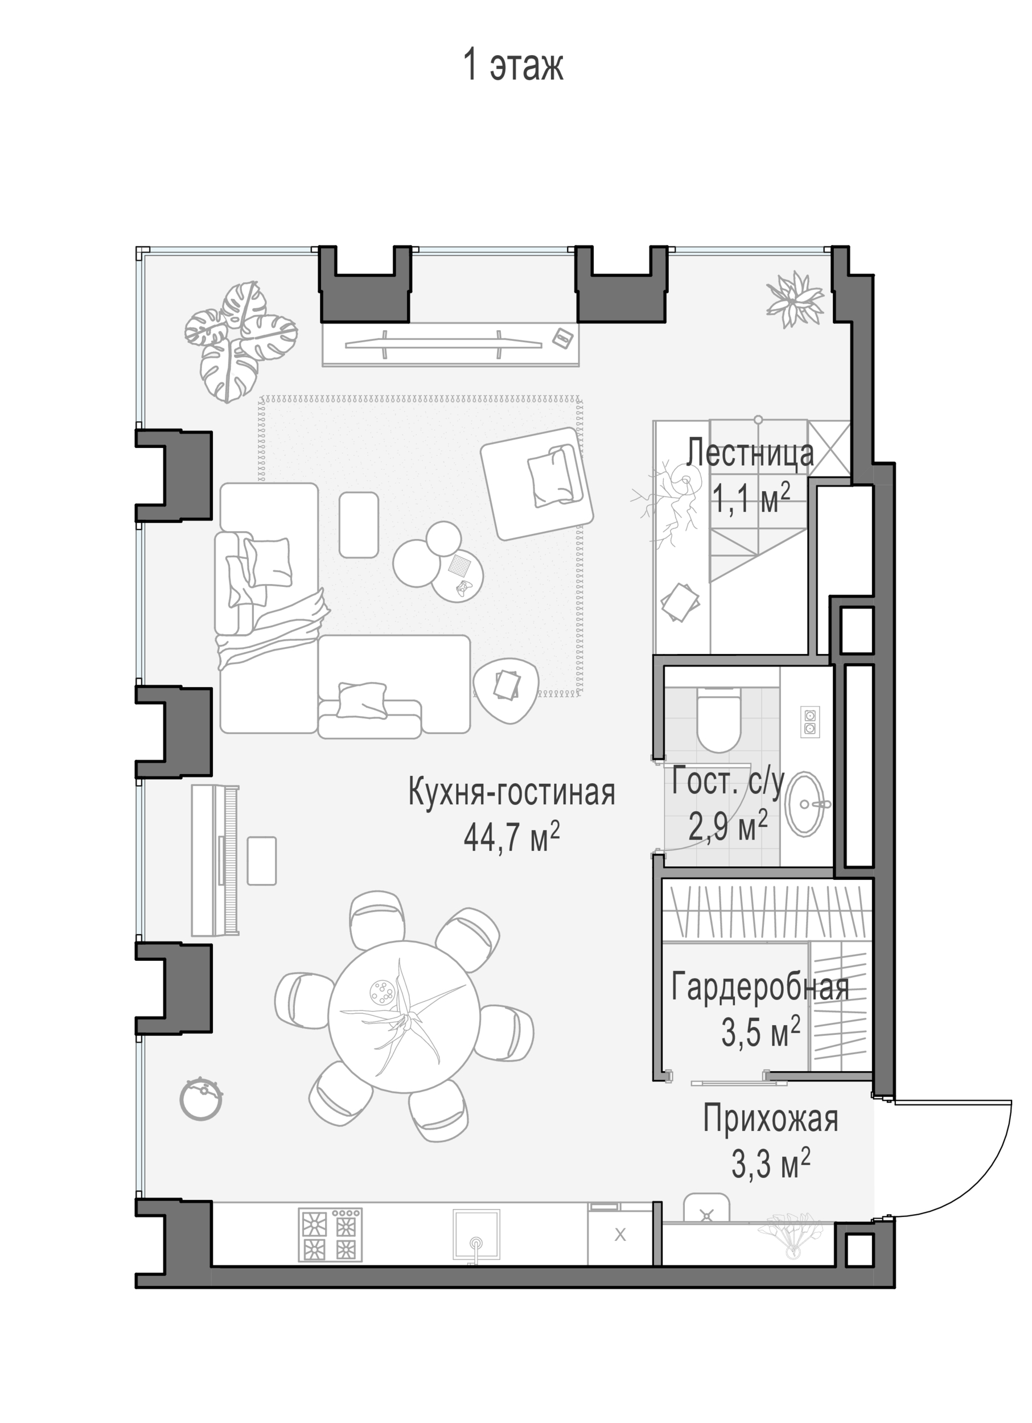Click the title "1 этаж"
[513, 65]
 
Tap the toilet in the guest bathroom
[719, 719]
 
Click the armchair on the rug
[537, 483]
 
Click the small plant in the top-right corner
[793, 299]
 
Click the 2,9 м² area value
[727, 826]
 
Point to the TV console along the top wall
[450, 344]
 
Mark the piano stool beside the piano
[262, 861]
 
